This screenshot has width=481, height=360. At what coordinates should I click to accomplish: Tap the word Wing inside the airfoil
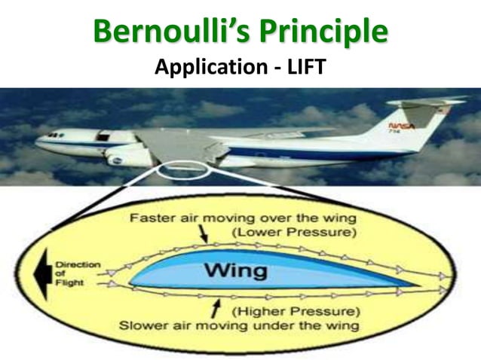235,269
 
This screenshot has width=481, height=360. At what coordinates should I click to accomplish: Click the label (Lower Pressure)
293,232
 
